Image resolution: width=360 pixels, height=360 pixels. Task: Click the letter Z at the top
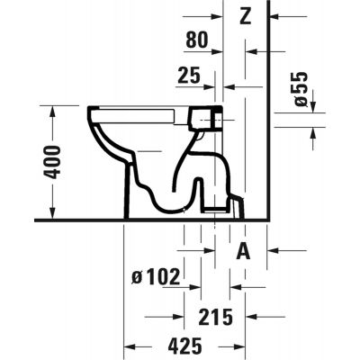246,16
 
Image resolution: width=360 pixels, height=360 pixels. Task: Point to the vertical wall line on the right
270,117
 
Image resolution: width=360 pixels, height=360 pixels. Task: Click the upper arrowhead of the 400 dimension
53,111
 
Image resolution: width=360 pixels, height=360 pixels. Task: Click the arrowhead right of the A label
274,251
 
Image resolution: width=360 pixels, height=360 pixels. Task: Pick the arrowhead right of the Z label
274,16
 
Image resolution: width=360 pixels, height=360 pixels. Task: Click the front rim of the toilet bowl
93,114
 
